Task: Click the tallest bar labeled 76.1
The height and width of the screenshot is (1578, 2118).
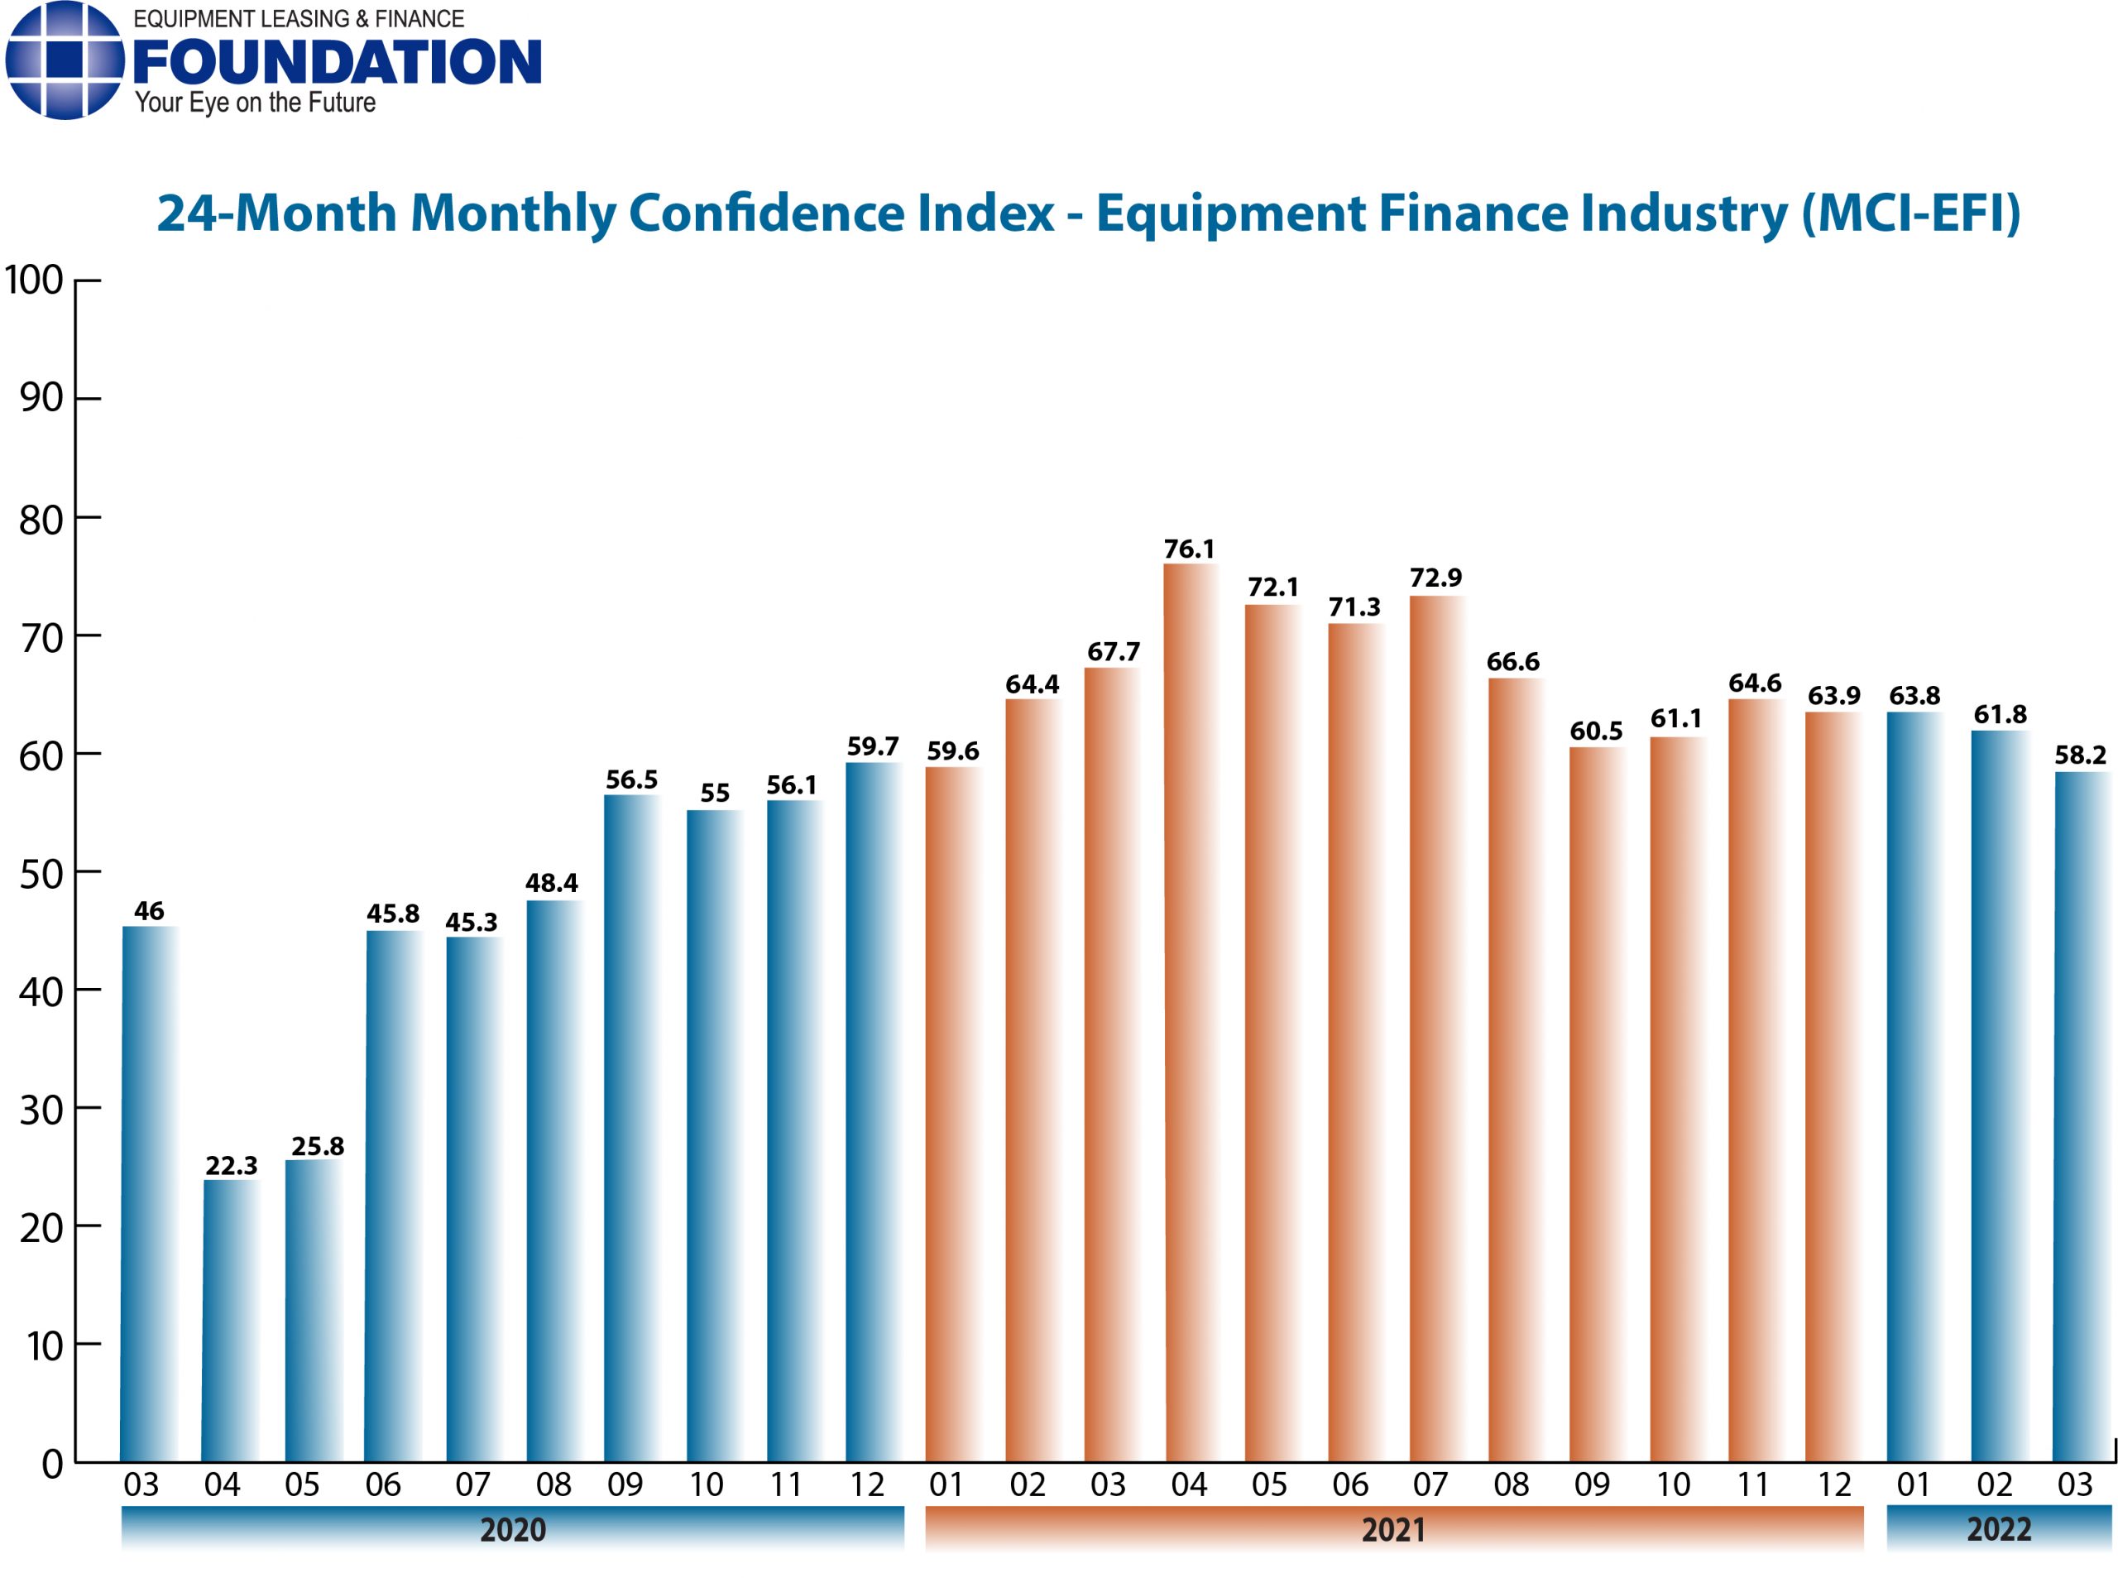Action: [1189, 1013]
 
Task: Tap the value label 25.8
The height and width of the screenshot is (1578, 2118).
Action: [317, 1146]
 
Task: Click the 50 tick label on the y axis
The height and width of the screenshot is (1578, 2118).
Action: [41, 874]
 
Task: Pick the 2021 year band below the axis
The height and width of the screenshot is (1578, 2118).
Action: [1393, 1529]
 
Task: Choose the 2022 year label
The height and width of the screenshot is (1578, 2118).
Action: [1998, 1529]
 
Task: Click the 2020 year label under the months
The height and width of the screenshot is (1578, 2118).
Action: [512, 1529]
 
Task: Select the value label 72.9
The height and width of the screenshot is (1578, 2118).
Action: [1435, 578]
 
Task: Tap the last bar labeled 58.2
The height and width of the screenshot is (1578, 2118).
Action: [2081, 1118]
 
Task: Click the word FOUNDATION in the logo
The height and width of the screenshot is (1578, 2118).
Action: [337, 62]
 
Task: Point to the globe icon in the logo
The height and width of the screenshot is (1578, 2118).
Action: [64, 60]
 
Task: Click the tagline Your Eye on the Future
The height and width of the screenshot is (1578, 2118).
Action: [255, 103]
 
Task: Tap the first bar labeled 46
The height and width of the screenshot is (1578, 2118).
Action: [149, 1194]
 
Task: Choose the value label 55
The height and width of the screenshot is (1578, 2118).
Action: [714, 793]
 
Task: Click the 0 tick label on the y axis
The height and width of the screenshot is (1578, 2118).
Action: [51, 1465]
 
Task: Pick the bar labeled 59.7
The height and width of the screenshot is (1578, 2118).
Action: [872, 1113]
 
